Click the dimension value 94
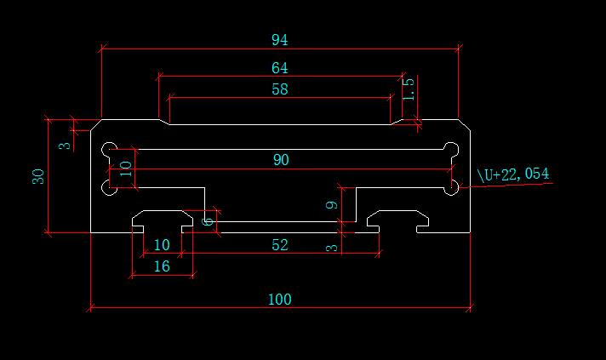tap(279, 40)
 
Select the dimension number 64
tap(279, 68)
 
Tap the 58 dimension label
tap(279, 89)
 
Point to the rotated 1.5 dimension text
tap(409, 89)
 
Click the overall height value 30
tap(38, 177)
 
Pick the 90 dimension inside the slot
tap(280, 160)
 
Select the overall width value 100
tap(279, 300)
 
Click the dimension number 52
tap(279, 245)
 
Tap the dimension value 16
tap(162, 266)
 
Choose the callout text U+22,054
tap(513, 174)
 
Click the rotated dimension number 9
tap(334, 204)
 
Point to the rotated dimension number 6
tap(208, 220)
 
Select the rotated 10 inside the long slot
tap(126, 169)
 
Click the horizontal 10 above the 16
tap(162, 245)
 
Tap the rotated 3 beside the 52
tap(334, 248)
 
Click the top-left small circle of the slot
tap(109, 150)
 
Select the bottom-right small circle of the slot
tap(452, 186)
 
